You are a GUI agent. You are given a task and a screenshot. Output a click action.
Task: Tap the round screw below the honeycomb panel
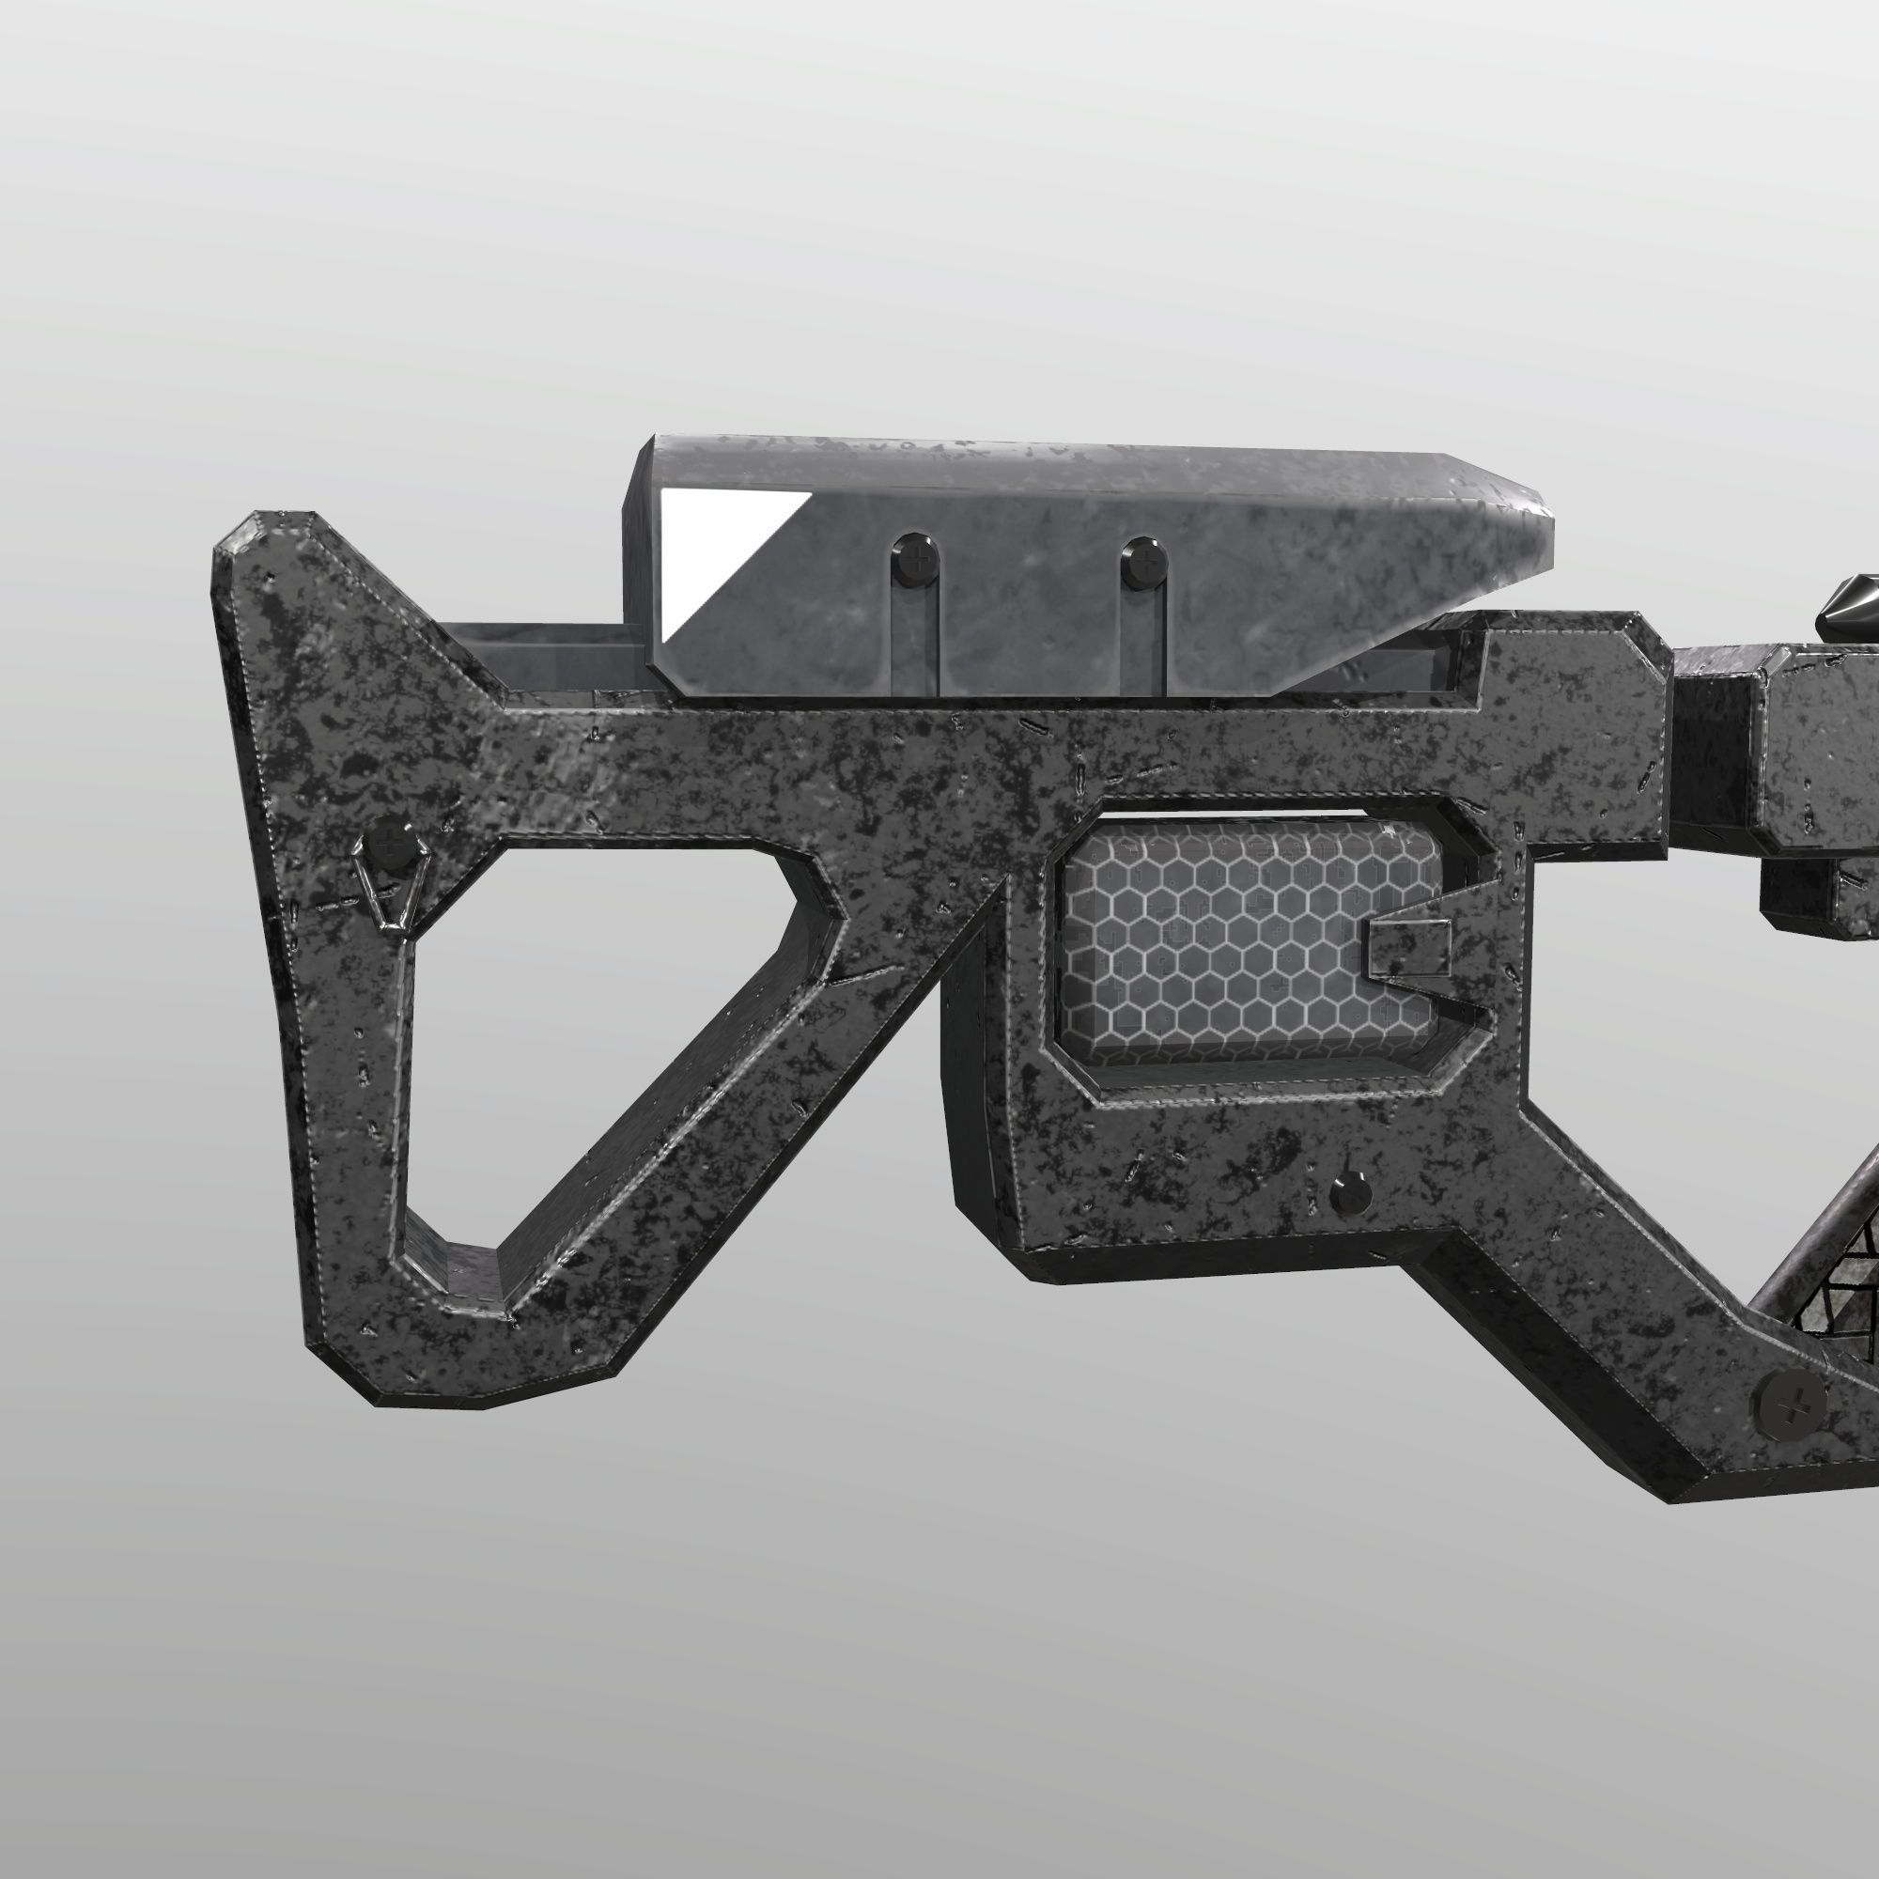1351,1188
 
